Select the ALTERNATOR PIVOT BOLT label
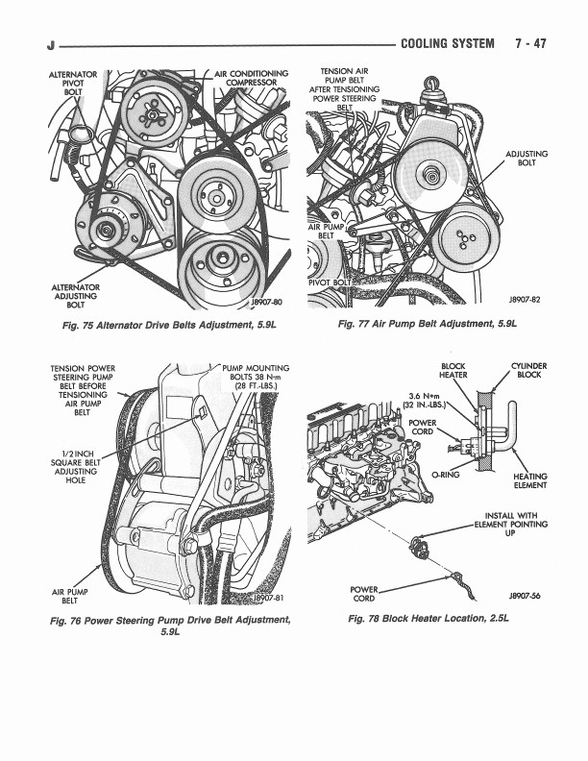[73, 84]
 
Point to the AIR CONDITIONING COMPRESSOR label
[252, 78]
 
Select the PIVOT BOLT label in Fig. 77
[330, 282]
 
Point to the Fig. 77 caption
[428, 325]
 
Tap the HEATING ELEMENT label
[530, 480]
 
